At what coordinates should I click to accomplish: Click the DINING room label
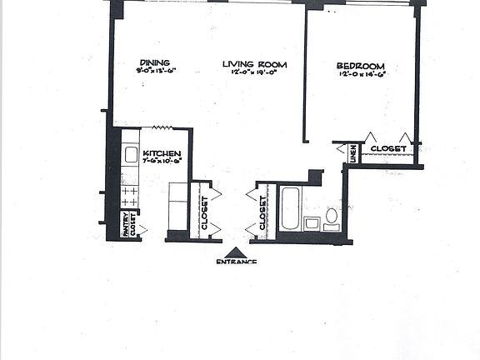point(156,62)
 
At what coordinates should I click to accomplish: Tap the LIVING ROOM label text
point(255,64)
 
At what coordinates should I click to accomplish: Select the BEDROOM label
point(360,66)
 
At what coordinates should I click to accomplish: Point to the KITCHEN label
point(163,154)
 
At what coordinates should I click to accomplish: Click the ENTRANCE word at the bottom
point(236,262)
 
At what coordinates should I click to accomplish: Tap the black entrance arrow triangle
point(237,251)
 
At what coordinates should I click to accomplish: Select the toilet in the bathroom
point(331,217)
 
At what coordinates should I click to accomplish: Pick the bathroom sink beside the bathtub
point(312,222)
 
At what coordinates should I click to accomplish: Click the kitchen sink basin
point(131,155)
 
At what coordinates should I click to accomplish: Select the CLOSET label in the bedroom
point(387,149)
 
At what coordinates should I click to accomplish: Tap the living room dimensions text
point(255,74)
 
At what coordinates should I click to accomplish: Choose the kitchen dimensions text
point(161,164)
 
